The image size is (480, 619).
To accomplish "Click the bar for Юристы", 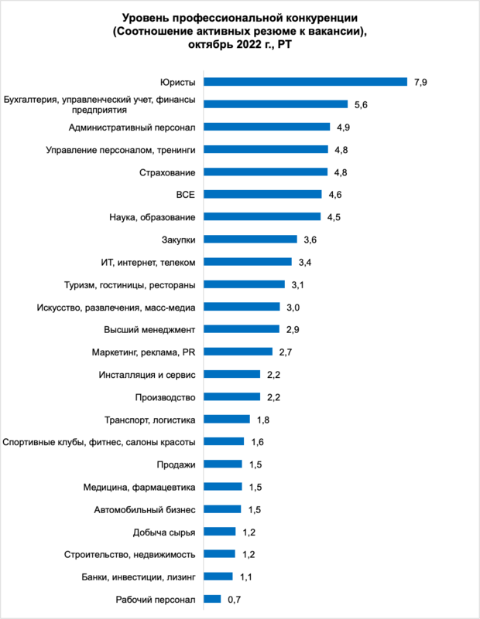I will pyautogui.click(x=305, y=81).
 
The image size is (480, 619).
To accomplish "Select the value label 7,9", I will pyautogui.click(x=420, y=82).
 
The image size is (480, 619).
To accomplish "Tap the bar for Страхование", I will pyautogui.click(x=265, y=172).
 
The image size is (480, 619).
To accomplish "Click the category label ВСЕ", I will pyautogui.click(x=186, y=194).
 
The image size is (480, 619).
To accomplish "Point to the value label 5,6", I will pyautogui.click(x=361, y=104).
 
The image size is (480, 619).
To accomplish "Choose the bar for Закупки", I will pyautogui.click(x=250, y=240).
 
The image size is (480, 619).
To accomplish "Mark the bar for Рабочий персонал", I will pyautogui.click(x=212, y=599).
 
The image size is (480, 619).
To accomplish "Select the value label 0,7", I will pyautogui.click(x=235, y=599).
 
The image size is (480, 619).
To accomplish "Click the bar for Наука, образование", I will pyautogui.click(x=262, y=216).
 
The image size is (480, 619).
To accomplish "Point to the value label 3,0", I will pyautogui.click(x=293, y=307).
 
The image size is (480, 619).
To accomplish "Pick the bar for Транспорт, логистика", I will pyautogui.click(x=226, y=420).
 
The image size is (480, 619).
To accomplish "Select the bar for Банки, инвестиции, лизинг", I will pyautogui.click(x=218, y=576).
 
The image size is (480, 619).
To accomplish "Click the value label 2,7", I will pyautogui.click(x=286, y=352).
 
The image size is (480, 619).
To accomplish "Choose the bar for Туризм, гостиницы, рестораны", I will pyautogui.click(x=244, y=284).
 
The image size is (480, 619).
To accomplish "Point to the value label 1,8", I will pyautogui.click(x=263, y=420).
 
